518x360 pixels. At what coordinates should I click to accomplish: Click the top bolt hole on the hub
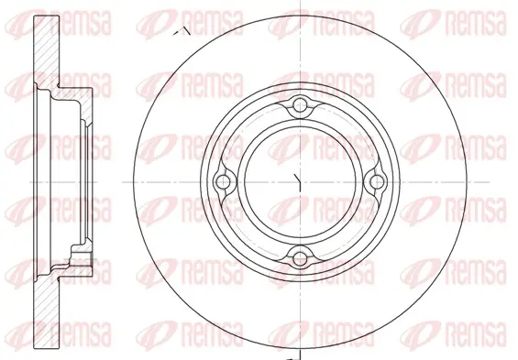click(300, 105)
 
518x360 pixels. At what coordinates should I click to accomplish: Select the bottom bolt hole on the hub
click(300, 258)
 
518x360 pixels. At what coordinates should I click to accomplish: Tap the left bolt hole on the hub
click(224, 181)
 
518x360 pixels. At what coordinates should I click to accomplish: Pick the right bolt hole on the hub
click(376, 181)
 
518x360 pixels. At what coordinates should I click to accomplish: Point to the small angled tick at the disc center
click(298, 182)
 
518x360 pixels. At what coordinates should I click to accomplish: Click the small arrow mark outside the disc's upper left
click(182, 31)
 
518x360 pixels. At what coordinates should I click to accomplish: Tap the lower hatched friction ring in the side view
click(47, 311)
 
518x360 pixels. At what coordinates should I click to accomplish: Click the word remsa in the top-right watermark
click(476, 23)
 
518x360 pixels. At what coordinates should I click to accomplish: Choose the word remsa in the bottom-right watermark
click(476, 334)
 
